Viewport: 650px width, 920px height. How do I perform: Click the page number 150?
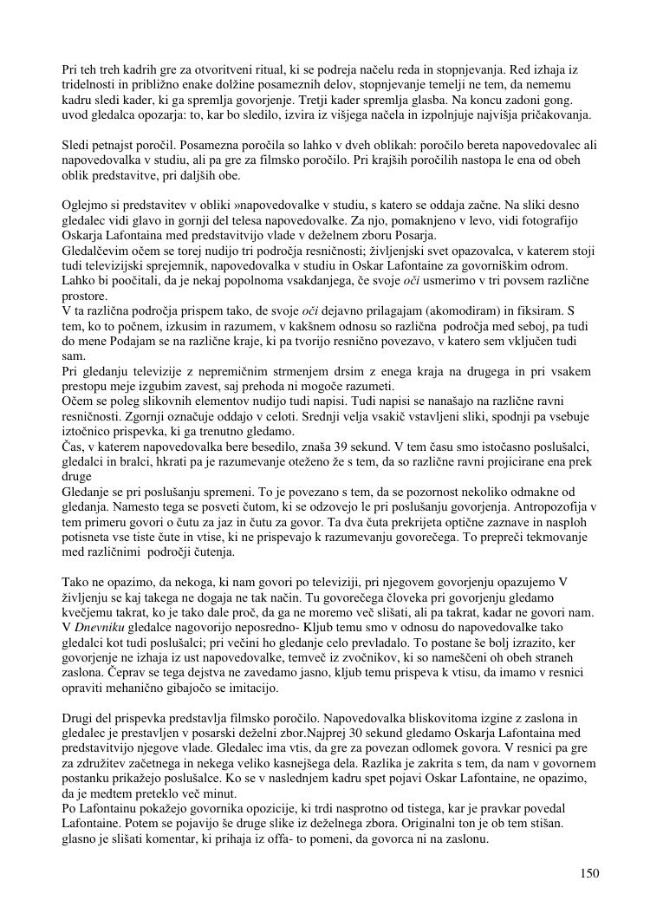click(589, 873)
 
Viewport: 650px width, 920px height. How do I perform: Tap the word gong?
click(572, 100)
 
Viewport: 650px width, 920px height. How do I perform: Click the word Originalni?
click(445, 825)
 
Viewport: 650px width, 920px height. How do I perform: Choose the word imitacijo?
click(251, 688)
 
